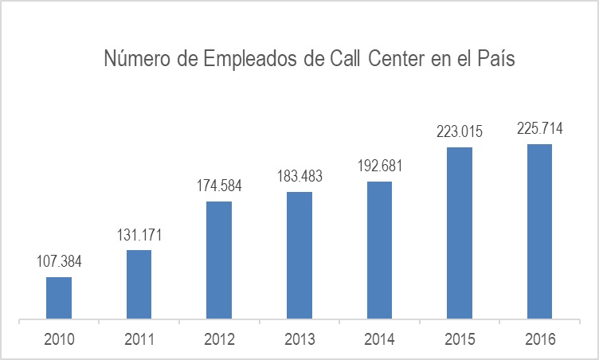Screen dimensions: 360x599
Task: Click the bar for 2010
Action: click(x=59, y=299)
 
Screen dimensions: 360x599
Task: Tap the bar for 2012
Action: click(x=219, y=261)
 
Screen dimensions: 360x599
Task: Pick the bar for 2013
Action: click(x=299, y=256)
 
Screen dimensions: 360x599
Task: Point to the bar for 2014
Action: click(x=379, y=252)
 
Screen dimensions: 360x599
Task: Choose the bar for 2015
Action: click(x=460, y=234)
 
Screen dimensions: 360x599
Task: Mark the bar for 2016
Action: click(x=539, y=233)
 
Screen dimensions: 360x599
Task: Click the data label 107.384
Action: click(x=59, y=262)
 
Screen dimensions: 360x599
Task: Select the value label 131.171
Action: click(x=139, y=235)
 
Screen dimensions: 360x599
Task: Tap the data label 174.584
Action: click(x=219, y=186)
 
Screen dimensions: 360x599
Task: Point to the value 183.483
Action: click(x=299, y=177)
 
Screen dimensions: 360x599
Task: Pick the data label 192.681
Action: click(x=379, y=166)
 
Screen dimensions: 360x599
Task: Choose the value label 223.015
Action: click(x=460, y=131)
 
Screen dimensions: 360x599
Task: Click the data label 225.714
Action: click(x=539, y=129)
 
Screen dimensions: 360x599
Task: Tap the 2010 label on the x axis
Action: click(x=59, y=339)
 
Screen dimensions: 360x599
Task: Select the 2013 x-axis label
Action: click(x=299, y=339)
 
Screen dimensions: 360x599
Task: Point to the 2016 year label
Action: click(x=539, y=339)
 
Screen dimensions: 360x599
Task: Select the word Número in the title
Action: click(x=133, y=60)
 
